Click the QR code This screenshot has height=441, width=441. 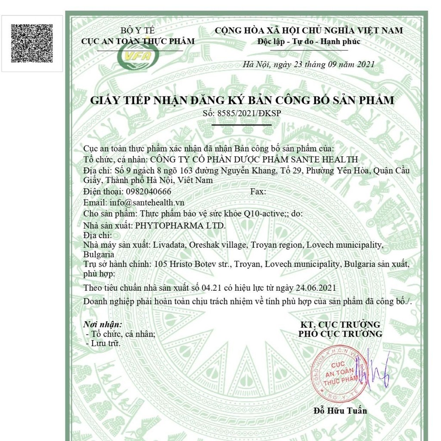(32, 43)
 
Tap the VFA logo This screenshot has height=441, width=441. (138, 55)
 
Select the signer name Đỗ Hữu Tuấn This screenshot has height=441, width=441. (340, 411)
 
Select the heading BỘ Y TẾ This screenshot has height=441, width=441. (137, 31)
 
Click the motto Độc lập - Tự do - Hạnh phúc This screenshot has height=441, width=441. (309, 42)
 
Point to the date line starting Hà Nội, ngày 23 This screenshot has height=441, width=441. (308, 65)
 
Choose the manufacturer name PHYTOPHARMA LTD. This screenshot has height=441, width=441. (180, 225)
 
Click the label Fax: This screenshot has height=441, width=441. (258, 191)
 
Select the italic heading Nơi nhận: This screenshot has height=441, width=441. (102, 324)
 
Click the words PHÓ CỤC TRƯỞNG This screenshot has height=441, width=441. (340, 334)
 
